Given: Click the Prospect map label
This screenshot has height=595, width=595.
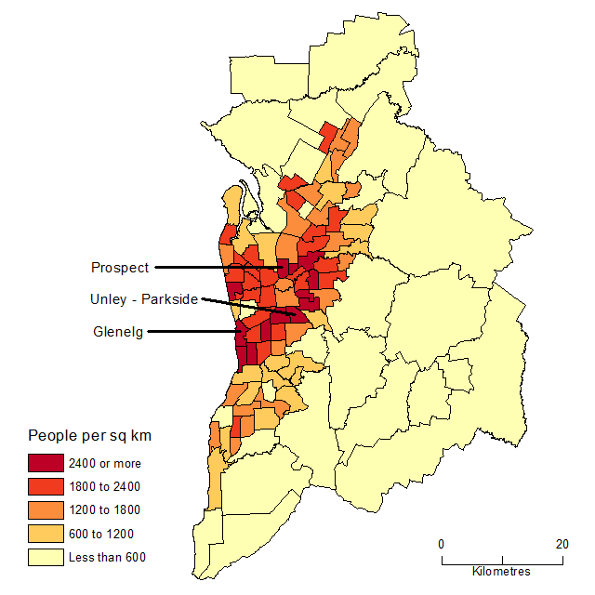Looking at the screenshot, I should tap(119, 268).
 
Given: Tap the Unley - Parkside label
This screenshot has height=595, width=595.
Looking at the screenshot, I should tap(143, 299).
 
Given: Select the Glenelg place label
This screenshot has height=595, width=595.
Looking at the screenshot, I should tap(118, 331).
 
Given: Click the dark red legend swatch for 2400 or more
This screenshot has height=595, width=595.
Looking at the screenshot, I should tap(45, 462).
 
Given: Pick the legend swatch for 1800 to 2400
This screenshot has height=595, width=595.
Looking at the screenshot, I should tap(45, 486).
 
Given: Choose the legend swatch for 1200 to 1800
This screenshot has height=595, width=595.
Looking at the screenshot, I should tap(45, 509).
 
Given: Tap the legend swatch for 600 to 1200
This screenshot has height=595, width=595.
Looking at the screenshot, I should tap(45, 534).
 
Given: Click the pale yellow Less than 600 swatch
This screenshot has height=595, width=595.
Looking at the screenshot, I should tap(45, 558).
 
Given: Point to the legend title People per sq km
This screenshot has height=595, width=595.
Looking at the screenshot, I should tap(89, 435).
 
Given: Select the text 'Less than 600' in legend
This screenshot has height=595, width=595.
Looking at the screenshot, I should tap(107, 558).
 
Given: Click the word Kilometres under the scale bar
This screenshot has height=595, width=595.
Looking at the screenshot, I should tap(501, 571).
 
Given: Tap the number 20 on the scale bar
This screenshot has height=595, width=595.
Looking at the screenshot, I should tap(562, 545).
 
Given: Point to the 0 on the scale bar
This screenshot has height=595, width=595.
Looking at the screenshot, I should tap(442, 545).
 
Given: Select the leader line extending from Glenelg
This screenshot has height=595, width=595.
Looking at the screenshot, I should tap(195, 331).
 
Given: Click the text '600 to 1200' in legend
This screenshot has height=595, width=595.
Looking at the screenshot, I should tap(100, 534).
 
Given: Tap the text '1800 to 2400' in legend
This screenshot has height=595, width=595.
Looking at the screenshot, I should tap(104, 486).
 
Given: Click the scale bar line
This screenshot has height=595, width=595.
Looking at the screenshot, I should tap(502, 561).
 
